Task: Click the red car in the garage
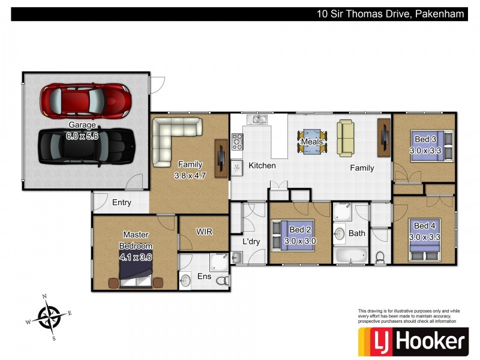click(86, 101)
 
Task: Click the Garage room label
click(82, 125)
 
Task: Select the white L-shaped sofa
click(173, 139)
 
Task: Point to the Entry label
click(122, 203)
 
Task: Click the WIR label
click(204, 232)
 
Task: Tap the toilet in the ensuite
click(223, 280)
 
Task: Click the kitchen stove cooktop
click(237, 142)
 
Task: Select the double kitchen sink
click(257, 119)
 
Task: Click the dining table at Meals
click(312, 142)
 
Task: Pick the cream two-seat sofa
click(346, 138)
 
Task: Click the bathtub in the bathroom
click(351, 256)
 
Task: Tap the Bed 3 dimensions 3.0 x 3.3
click(425, 151)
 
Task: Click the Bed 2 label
click(300, 230)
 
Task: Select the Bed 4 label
click(425, 226)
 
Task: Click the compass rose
click(49, 317)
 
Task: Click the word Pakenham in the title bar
click(439, 14)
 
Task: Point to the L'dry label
click(251, 242)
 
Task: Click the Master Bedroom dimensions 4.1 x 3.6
click(136, 257)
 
